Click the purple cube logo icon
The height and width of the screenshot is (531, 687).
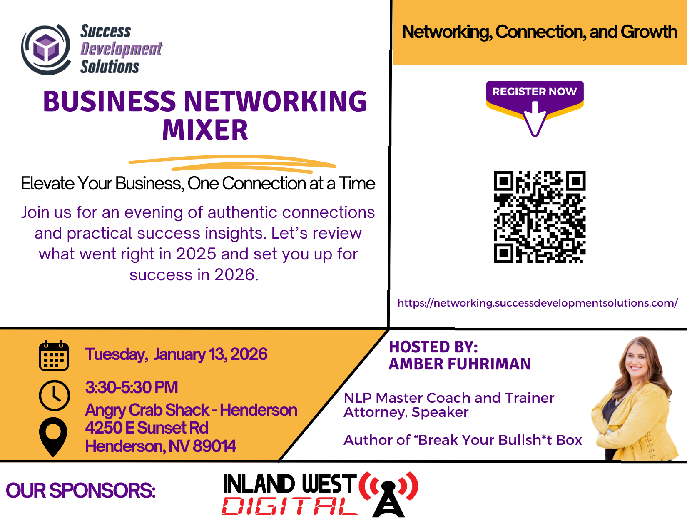46,50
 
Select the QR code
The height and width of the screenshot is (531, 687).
539,217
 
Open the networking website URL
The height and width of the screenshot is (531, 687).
538,303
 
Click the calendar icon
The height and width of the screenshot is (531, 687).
54,356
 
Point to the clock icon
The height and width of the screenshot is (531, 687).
55,395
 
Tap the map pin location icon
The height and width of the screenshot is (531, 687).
53,437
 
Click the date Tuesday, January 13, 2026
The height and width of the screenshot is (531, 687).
176,354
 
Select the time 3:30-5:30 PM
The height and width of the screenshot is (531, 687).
132,387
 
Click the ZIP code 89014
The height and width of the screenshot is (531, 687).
214,446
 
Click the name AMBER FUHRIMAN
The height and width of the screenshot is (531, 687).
460,364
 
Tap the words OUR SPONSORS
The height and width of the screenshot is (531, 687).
81,491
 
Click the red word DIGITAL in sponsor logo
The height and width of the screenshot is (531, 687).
290,506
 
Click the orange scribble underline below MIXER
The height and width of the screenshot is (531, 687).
232,163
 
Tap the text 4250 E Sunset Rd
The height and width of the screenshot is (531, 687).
147,428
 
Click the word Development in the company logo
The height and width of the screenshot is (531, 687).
121,49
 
